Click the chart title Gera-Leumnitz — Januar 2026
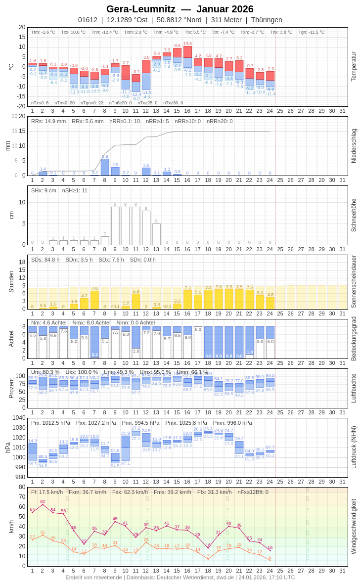click(x=180, y=9)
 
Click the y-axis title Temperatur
click(x=354, y=66)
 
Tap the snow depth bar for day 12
click(x=146, y=227)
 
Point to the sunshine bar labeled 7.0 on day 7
click(x=94, y=300)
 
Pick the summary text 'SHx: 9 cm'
click(x=44, y=190)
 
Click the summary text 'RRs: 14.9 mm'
click(x=48, y=121)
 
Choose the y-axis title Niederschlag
click(x=354, y=146)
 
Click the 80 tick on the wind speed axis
click(x=22, y=487)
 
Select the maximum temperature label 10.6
click(x=187, y=44)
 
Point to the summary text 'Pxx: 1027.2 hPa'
click(x=96, y=423)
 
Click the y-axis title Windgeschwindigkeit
click(x=354, y=526)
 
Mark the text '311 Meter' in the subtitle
click(x=226, y=20)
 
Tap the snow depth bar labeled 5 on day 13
click(x=157, y=234)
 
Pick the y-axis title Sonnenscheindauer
click(x=354, y=282)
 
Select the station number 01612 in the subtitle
click(x=88, y=20)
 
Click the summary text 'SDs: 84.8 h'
click(x=45, y=260)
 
